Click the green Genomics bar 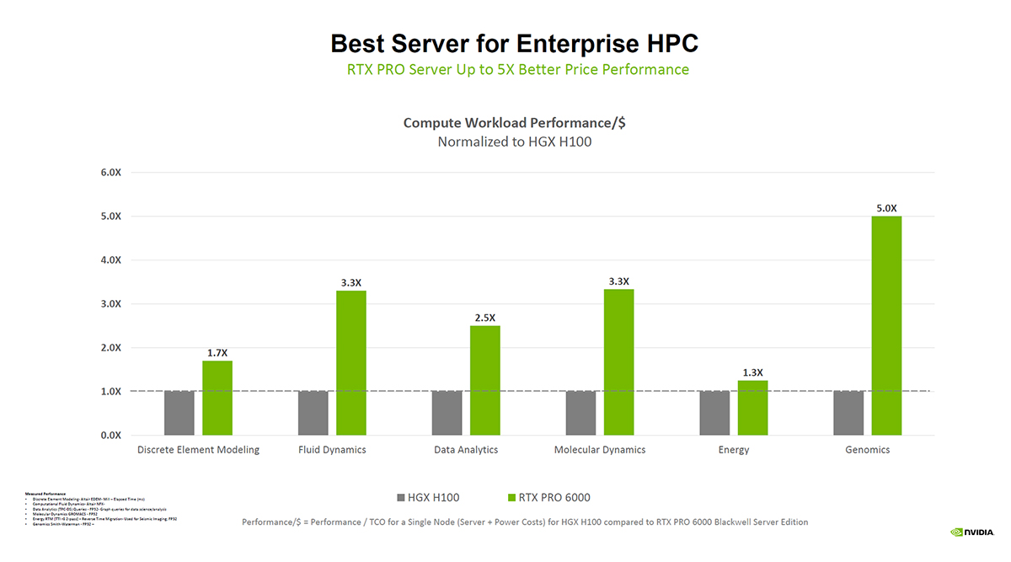tap(886, 325)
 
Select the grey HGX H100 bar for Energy tap(714, 413)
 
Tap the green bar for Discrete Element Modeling tap(217, 398)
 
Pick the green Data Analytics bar tap(484, 380)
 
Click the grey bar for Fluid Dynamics tap(313, 413)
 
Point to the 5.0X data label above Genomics tap(886, 207)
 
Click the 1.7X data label tap(217, 352)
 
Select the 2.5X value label tap(484, 318)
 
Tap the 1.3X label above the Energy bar tap(752, 372)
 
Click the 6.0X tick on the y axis tap(110, 173)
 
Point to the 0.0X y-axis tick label tap(110, 435)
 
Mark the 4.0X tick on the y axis tap(110, 260)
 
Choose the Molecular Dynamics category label tap(599, 450)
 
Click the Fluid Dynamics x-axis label tap(332, 450)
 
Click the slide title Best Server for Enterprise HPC tap(514, 43)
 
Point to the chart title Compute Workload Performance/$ tap(514, 123)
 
